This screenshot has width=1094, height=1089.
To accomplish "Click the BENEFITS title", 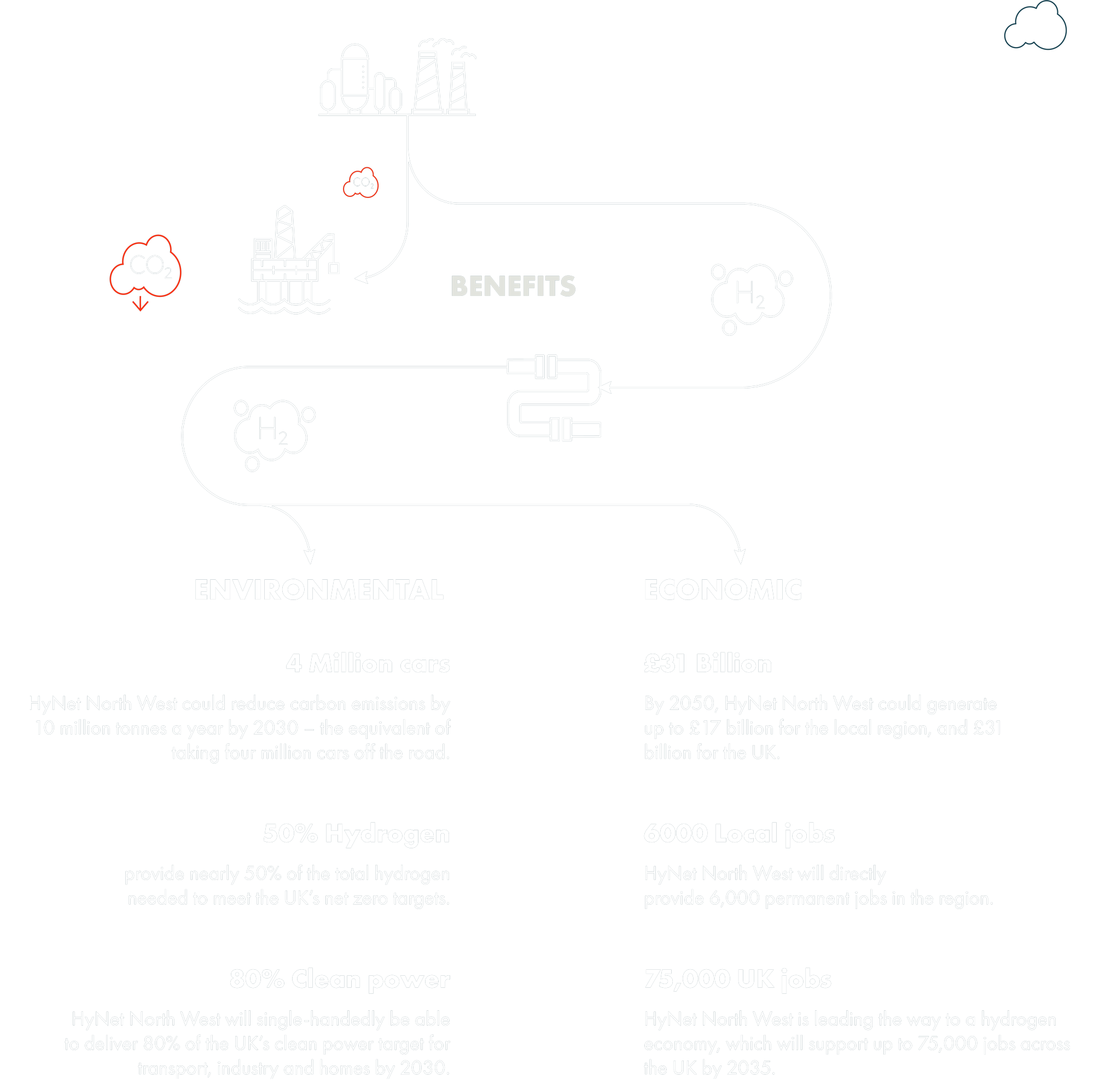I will pyautogui.click(x=513, y=286).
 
